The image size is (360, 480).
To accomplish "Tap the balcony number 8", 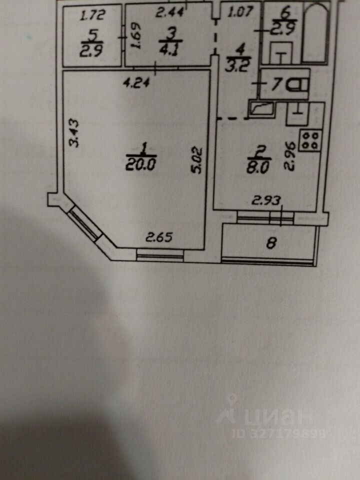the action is click(271, 243).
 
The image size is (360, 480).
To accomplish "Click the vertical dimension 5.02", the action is click(198, 159).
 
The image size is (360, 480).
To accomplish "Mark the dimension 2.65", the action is click(158, 237).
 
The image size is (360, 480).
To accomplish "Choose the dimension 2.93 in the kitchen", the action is click(265, 201).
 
